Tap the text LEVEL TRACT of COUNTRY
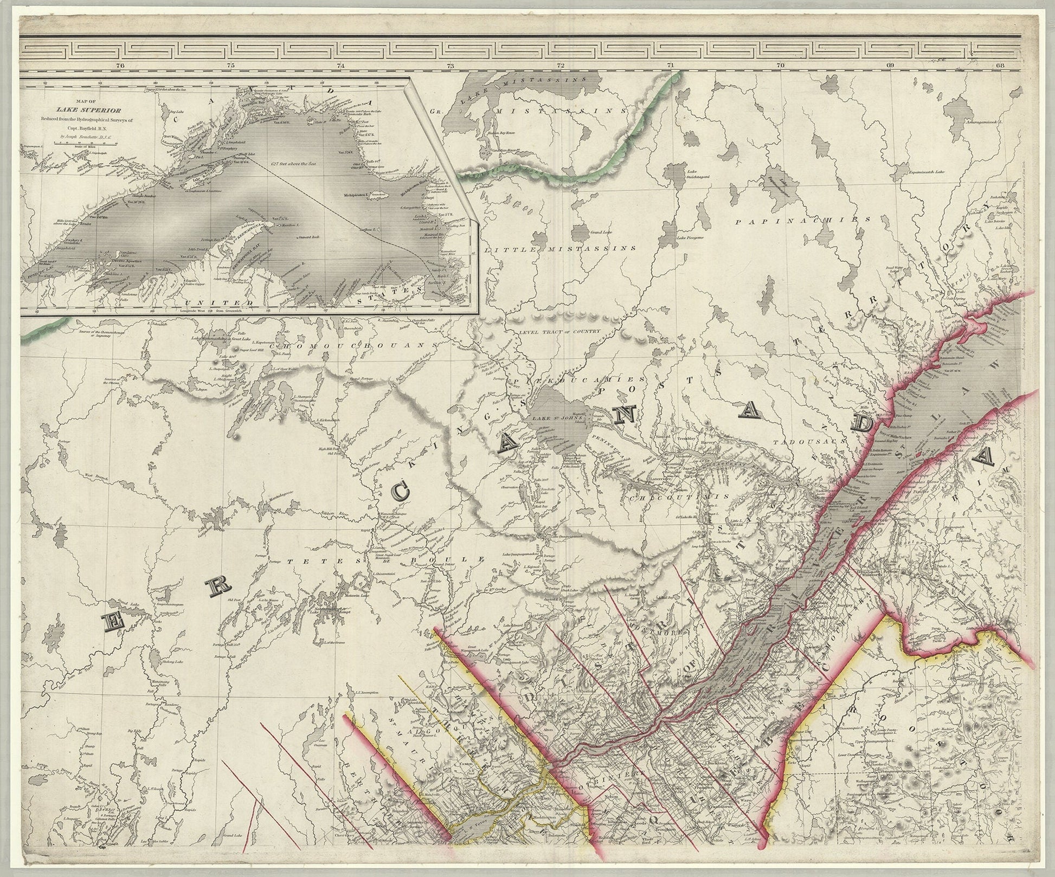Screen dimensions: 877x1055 [558, 331]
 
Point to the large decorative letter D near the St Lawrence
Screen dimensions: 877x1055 [862, 422]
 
